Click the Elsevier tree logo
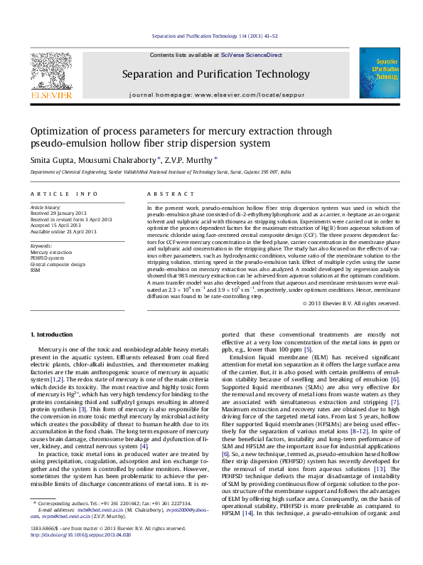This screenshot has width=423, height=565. tap(50, 71)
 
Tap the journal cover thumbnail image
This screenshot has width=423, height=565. tap(379, 73)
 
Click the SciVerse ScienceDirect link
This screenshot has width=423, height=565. tap(251, 55)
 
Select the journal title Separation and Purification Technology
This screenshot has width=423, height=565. tap(206, 74)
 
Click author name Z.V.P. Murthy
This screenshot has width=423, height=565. tap(188, 160)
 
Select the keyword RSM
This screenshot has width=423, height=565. tap(35, 270)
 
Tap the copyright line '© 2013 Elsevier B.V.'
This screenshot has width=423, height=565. tap(331, 303)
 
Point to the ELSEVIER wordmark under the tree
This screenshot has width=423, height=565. tap(50, 94)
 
